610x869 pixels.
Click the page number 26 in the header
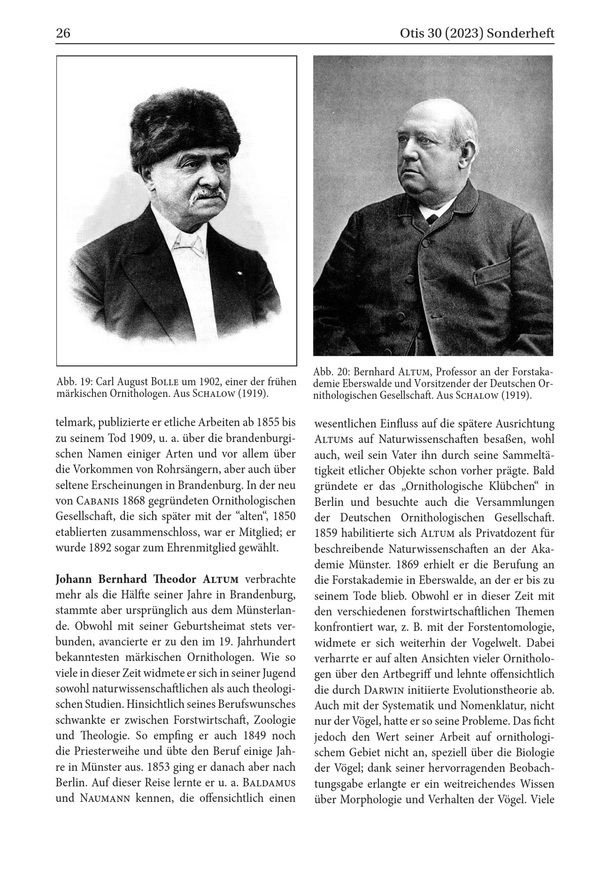tap(63, 33)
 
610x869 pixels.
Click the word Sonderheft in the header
tap(520, 33)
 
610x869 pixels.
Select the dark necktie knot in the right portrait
tap(432, 218)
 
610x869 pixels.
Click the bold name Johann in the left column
tap(74, 579)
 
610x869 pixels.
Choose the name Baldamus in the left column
tap(269, 782)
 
